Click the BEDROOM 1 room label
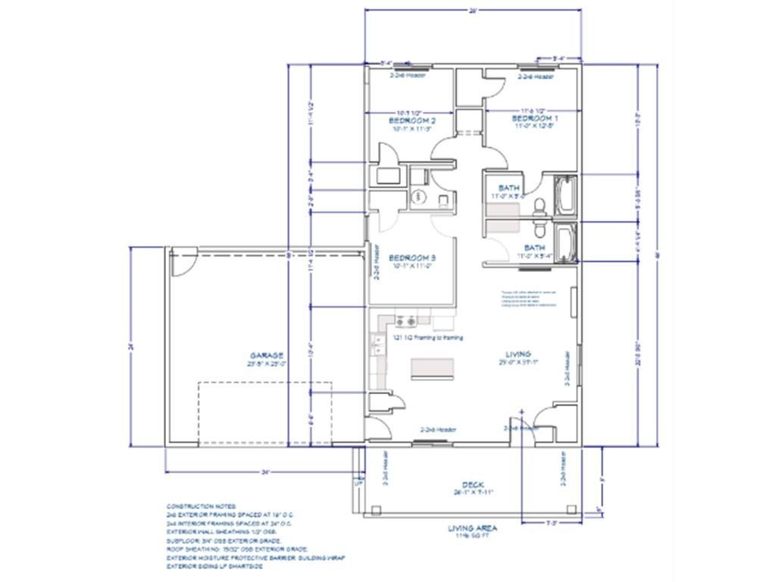pos(535,119)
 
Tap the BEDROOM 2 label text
pos(411,120)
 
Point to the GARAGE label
pos(267,355)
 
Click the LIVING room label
pos(518,354)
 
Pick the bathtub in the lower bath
pos(565,242)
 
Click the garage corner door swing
pos(182,264)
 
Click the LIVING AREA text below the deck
pos(472,528)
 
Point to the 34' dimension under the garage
pos(264,471)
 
